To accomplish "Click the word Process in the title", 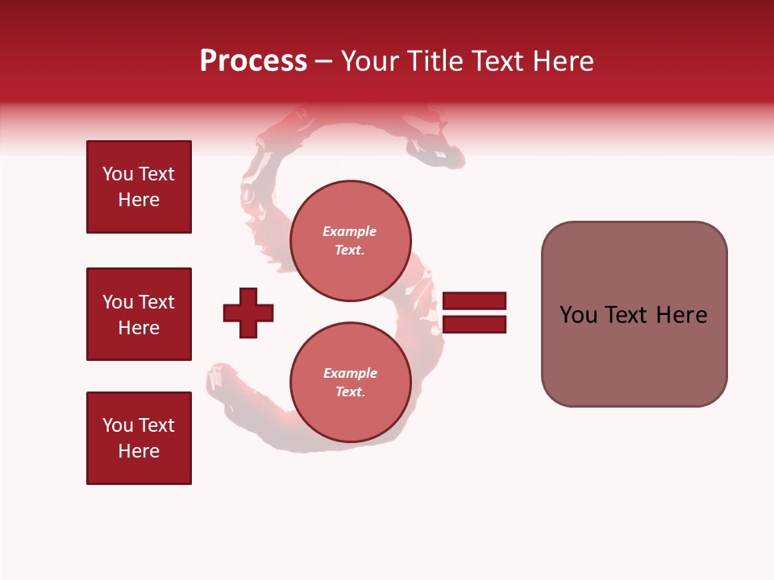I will tap(253, 61).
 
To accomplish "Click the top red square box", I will tap(139, 187).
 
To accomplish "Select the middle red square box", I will tap(139, 314).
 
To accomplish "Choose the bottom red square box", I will tap(139, 438).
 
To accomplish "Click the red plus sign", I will tap(248, 313).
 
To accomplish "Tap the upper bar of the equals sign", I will tap(474, 301).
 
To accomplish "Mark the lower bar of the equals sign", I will tap(474, 325).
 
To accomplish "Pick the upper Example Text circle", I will tap(350, 241).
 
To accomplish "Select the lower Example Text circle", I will tap(350, 383).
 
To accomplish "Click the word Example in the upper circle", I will tap(349, 231).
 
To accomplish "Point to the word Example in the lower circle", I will tap(350, 373).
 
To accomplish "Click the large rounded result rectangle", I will tap(634, 314).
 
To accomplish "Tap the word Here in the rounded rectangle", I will tap(681, 315).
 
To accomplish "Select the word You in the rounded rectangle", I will tap(578, 315).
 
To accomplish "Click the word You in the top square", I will tap(118, 174).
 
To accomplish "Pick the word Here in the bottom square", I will tap(139, 451).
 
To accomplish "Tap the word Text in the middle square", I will tap(156, 302).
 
